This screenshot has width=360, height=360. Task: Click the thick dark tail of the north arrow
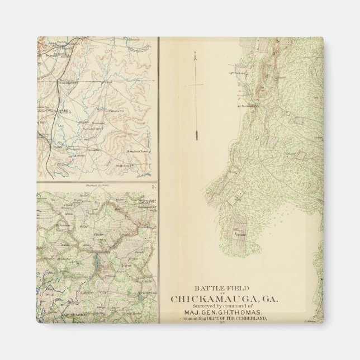click(197, 135)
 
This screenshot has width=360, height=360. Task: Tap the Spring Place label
click(96, 150)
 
